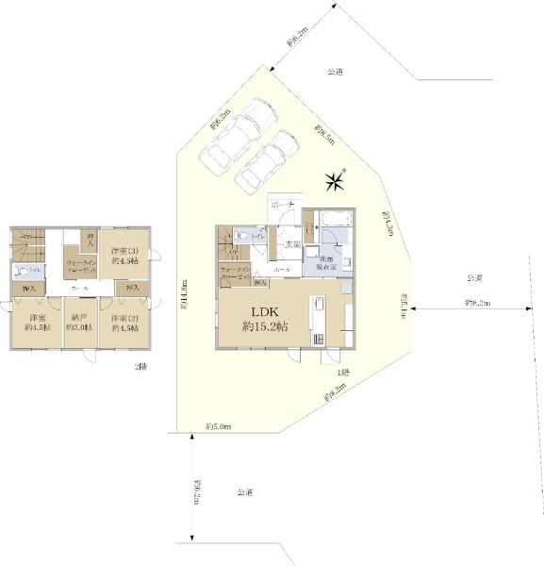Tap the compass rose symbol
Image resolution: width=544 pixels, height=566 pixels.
[334, 179]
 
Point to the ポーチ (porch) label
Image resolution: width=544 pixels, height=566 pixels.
[284, 205]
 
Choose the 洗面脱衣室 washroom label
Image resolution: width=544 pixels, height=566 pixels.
[328, 263]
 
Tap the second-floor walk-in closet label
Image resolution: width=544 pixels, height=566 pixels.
[80, 265]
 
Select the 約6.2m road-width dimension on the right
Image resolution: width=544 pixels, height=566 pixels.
[481, 303]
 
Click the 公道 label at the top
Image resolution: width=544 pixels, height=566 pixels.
[335, 72]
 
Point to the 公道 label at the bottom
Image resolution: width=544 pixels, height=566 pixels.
[244, 492]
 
